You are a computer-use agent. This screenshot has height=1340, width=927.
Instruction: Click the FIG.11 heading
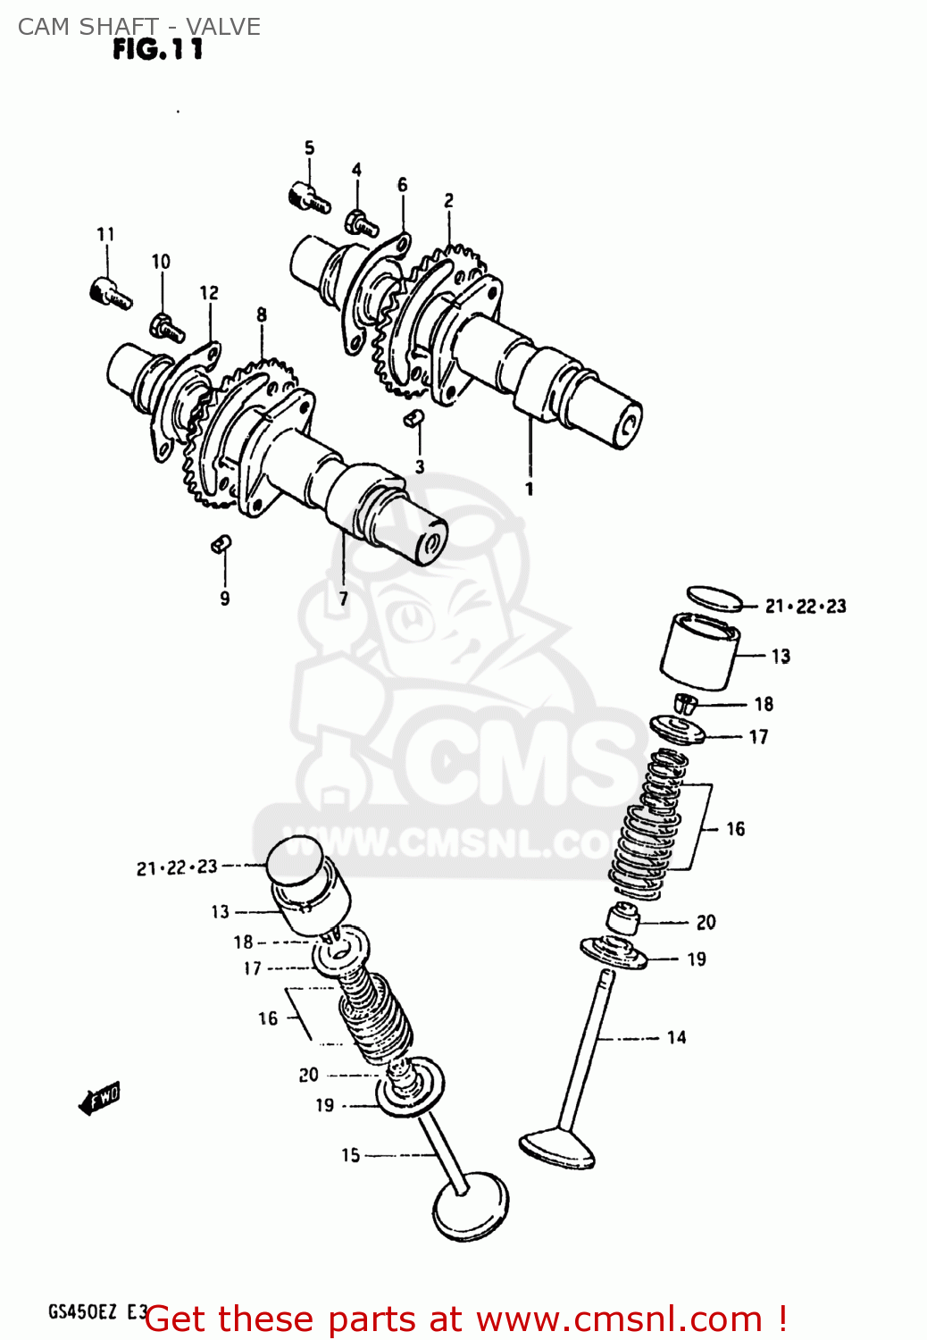pos(158,49)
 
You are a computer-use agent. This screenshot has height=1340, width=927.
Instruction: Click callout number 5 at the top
pos(309,148)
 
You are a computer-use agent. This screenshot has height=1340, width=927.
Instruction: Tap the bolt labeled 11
pos(111,292)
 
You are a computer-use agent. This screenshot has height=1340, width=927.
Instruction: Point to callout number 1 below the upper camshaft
pos(530,489)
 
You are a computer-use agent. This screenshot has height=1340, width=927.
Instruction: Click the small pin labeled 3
pos(413,418)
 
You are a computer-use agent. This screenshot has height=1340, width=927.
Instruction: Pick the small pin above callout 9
pos(221,542)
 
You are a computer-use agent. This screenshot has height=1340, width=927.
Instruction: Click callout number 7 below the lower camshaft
pos(343,599)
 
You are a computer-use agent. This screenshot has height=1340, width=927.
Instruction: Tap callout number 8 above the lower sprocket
pos(262,314)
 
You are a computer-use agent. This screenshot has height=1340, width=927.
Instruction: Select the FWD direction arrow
pos(99,1099)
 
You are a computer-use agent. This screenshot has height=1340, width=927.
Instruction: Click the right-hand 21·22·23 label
pos(806,607)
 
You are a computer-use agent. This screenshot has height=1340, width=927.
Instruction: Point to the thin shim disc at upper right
pos(714,599)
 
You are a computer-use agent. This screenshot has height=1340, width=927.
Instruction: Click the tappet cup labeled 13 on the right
pos(699,652)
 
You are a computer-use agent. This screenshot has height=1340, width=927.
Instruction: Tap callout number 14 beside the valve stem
pos(676,1037)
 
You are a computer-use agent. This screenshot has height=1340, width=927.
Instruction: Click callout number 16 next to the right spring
pos(735,829)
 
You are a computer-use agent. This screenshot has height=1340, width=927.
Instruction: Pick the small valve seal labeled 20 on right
pos(623,918)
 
